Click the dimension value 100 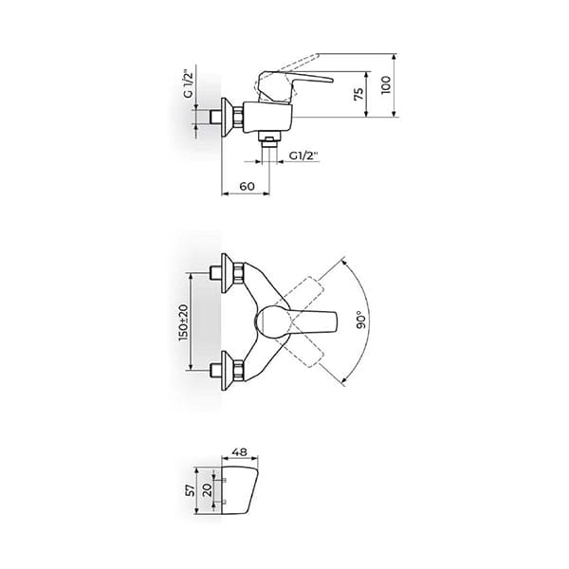click(384, 85)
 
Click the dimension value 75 click(358, 94)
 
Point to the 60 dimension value click(248, 187)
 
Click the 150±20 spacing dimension click(184, 322)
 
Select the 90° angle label click(361, 321)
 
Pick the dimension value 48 click(240, 452)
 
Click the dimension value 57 click(190, 490)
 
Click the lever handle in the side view click(303, 82)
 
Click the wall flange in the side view click(227, 116)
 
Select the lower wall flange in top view click(228, 371)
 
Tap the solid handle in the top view click(303, 322)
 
